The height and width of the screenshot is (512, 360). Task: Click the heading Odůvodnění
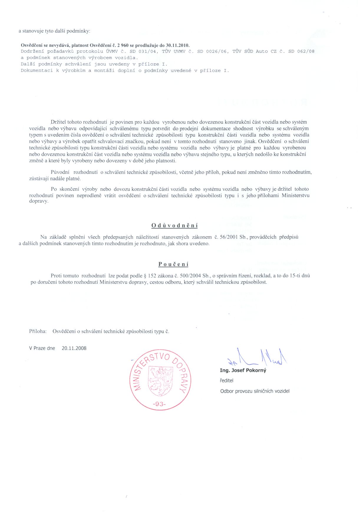pos(174,226)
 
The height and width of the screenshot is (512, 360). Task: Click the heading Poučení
pos(173,264)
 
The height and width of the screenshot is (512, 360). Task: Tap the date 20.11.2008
pos(74,348)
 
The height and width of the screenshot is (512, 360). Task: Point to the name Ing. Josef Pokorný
pos(243,370)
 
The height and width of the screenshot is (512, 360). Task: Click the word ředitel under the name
pos(226,381)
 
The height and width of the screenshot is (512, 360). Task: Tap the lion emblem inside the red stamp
pos(160,381)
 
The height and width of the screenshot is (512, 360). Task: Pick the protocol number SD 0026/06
pos(212,52)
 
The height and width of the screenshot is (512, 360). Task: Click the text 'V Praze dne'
pos(42,348)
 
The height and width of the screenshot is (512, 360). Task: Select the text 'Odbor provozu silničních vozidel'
pos(255,391)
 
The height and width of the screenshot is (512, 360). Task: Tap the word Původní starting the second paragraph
pos(60,172)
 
